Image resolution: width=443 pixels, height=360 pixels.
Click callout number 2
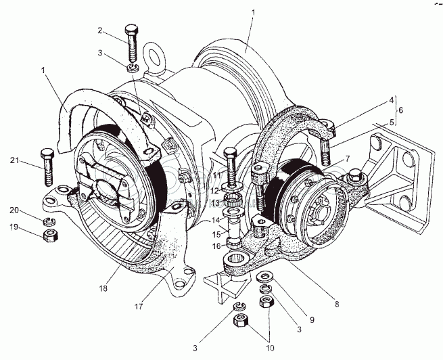(x=100, y=30)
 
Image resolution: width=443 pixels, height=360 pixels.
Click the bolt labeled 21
(x=47, y=165)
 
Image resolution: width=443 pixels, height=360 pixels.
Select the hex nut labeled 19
(x=49, y=235)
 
